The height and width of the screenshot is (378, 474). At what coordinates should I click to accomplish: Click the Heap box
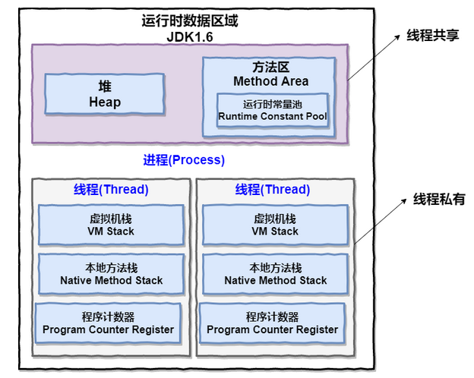pyautogui.click(x=104, y=93)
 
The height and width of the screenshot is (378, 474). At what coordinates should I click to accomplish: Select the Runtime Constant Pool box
pyautogui.click(x=273, y=110)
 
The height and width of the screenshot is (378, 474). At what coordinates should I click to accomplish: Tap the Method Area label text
pyautogui.click(x=270, y=81)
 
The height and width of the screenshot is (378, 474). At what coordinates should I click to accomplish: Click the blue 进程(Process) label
pyautogui.click(x=184, y=159)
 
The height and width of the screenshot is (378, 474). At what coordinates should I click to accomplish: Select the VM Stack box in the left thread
pyautogui.click(x=111, y=225)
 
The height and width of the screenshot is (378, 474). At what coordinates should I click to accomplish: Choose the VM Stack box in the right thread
pyautogui.click(x=275, y=225)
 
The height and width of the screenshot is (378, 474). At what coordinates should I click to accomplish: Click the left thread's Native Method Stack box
pyautogui.click(x=111, y=274)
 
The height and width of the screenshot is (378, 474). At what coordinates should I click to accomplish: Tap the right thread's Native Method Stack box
pyautogui.click(x=275, y=274)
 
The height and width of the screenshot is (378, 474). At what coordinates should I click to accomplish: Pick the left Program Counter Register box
pyautogui.click(x=108, y=323)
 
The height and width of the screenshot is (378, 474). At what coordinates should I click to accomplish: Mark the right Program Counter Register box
pyautogui.click(x=272, y=323)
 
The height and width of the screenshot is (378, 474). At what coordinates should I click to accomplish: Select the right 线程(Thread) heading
pyautogui.click(x=272, y=190)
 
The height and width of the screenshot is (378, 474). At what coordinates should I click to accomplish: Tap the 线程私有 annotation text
pyautogui.click(x=438, y=200)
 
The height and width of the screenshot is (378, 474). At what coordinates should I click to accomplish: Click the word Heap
pyautogui.click(x=104, y=102)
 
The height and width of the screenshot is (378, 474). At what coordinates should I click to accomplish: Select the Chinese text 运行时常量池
pyautogui.click(x=273, y=103)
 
